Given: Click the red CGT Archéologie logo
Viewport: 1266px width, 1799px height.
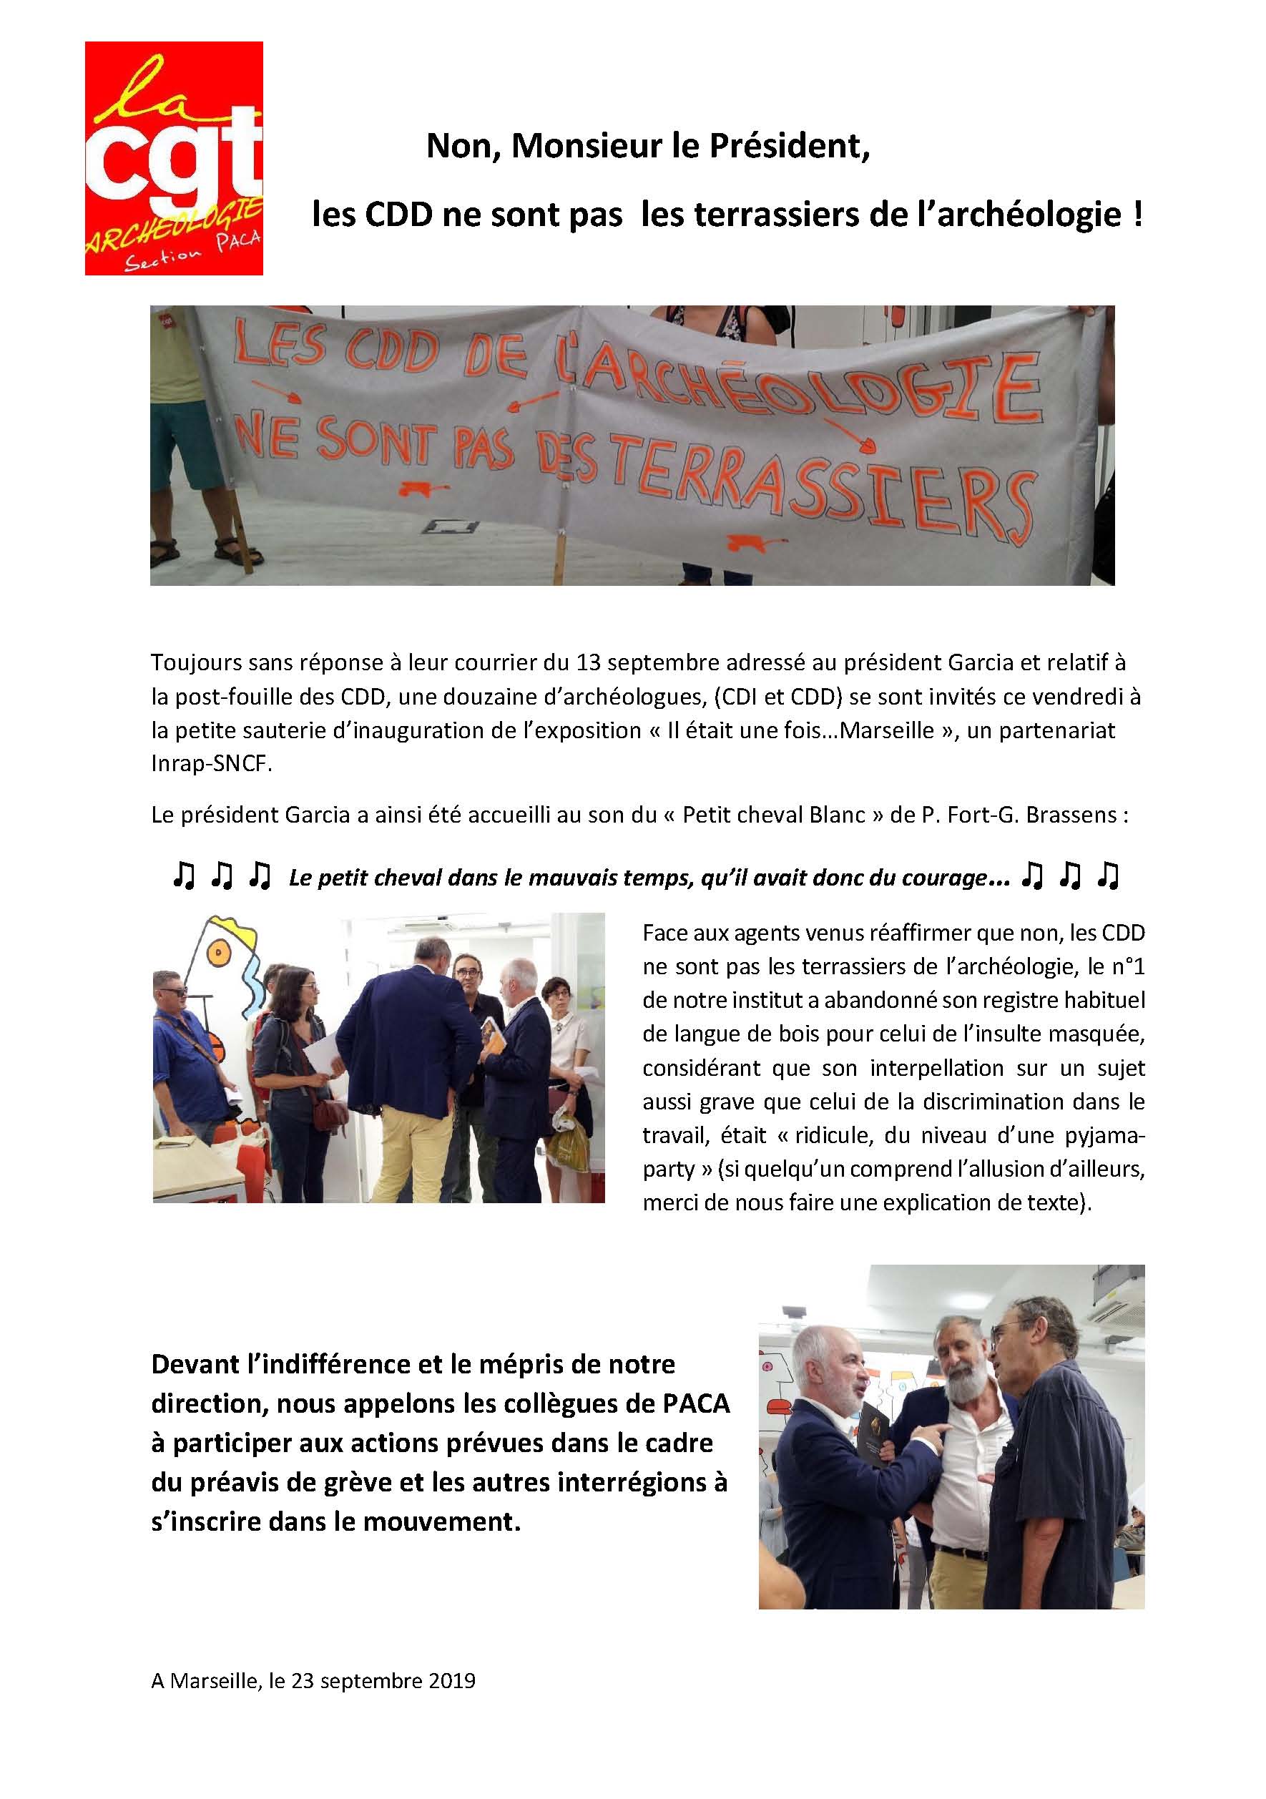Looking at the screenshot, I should point(173,158).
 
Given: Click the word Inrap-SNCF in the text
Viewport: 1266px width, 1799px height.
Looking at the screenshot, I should point(212,765).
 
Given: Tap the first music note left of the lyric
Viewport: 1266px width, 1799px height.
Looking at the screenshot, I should point(183,877).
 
